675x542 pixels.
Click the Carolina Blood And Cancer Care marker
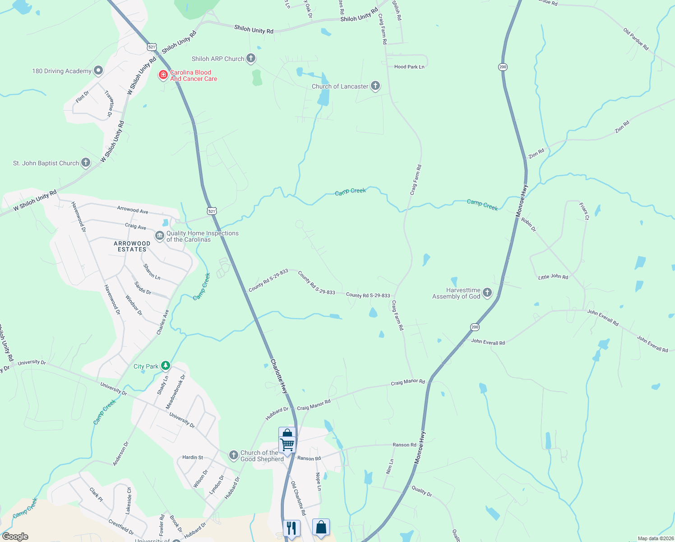pyautogui.click(x=163, y=75)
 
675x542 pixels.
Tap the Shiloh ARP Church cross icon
pyautogui.click(x=251, y=58)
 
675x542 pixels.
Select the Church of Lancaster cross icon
pyautogui.click(x=375, y=86)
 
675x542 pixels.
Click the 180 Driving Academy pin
pyautogui.click(x=98, y=70)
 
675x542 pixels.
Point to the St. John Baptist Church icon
pyautogui.click(x=86, y=163)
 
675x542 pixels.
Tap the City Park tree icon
pyautogui.click(x=166, y=365)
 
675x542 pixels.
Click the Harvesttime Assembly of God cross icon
pyautogui.click(x=487, y=293)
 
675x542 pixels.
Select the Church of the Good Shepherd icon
pyautogui.click(x=233, y=455)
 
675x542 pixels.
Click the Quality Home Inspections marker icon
pyautogui.click(x=159, y=236)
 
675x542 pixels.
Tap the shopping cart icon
pyautogui.click(x=287, y=444)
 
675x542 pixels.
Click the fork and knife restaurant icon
pyautogui.click(x=291, y=528)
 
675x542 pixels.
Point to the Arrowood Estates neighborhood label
pyautogui.click(x=132, y=246)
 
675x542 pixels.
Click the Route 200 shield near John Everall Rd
pyautogui.click(x=474, y=327)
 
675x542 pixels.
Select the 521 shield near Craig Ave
pyautogui.click(x=212, y=211)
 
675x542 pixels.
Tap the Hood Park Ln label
pyautogui.click(x=409, y=67)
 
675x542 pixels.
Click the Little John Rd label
pyautogui.click(x=553, y=276)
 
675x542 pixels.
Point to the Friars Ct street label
pyautogui.click(x=584, y=211)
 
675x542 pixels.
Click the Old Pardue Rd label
pyautogui.click(x=636, y=39)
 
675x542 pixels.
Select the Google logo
pyautogui.click(x=15, y=537)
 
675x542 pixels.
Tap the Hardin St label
pyautogui.click(x=193, y=458)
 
